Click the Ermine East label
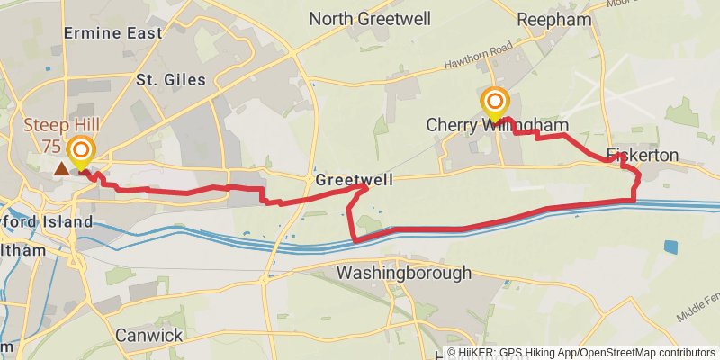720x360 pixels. [113, 33]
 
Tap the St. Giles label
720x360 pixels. [171, 80]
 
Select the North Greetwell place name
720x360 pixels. [370, 19]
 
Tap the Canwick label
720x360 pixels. [149, 335]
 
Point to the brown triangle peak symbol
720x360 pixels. [60, 168]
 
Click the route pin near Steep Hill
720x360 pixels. [82, 151]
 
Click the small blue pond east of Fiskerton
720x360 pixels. [671, 246]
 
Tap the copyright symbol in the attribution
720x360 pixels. [452, 353]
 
